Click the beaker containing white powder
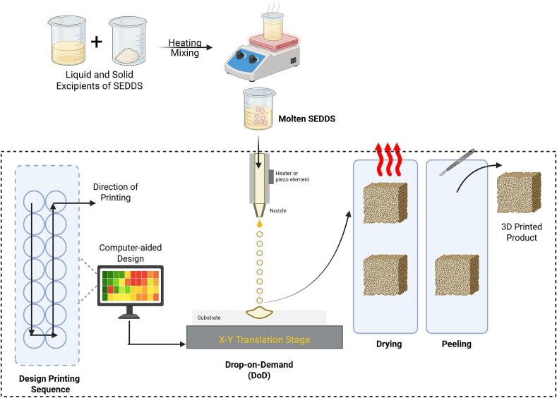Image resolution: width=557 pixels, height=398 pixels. point(128,41)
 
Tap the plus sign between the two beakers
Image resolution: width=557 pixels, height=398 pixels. point(96,42)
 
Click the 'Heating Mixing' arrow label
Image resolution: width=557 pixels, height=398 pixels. point(185,47)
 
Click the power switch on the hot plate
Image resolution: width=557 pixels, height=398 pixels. point(294,61)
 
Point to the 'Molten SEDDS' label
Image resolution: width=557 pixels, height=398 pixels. point(306,119)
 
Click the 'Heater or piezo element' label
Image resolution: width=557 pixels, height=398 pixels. point(292,176)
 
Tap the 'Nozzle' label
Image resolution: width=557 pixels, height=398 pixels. point(277,210)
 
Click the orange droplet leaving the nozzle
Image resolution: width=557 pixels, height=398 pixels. point(260,224)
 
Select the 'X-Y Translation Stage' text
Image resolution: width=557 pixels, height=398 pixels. point(264,339)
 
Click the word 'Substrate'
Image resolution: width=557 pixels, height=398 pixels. point(209,318)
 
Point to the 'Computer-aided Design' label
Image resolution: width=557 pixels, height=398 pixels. point(131,253)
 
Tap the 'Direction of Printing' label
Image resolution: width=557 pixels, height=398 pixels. point(116,192)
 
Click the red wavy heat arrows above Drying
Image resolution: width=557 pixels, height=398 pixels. point(388,159)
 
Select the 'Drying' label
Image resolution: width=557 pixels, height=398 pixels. point(389,344)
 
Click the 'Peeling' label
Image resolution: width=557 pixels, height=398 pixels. point(457,344)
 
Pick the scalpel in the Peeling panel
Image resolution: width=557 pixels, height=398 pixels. point(457,162)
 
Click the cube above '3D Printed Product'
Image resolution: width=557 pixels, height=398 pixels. point(519,192)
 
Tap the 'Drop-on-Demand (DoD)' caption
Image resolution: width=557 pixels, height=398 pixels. point(259,370)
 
